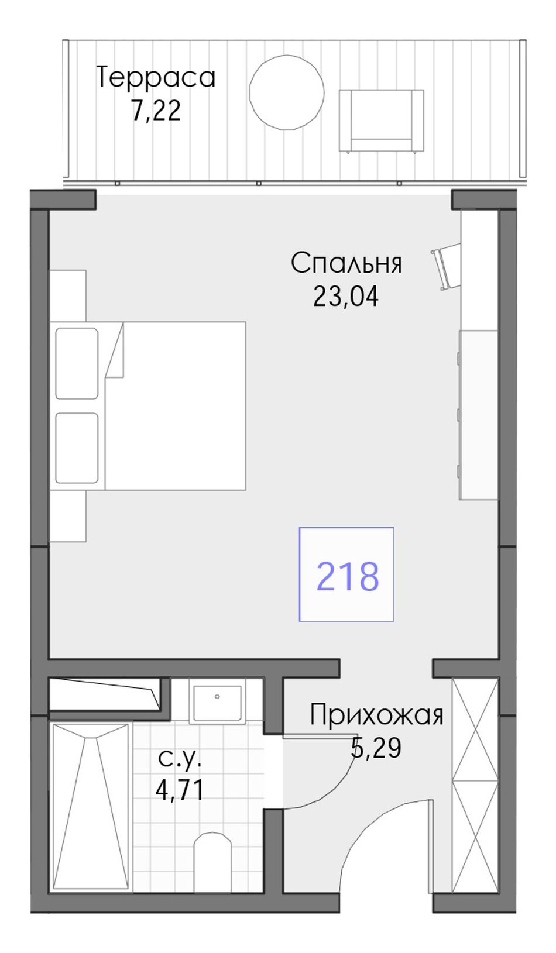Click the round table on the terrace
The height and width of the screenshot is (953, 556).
[287, 92]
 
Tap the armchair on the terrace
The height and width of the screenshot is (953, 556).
[381, 121]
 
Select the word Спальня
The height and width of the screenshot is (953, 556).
[346, 263]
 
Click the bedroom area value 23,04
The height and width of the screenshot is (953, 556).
[346, 296]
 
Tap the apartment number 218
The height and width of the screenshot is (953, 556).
[348, 576]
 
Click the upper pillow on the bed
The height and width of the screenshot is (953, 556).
[77, 363]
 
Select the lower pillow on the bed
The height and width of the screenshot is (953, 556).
[77, 449]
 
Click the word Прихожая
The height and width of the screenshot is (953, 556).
[376, 715]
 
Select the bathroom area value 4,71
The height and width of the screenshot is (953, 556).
[179, 790]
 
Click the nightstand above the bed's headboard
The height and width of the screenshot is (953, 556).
[68, 295]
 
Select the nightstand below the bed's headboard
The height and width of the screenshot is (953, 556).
[68, 516]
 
